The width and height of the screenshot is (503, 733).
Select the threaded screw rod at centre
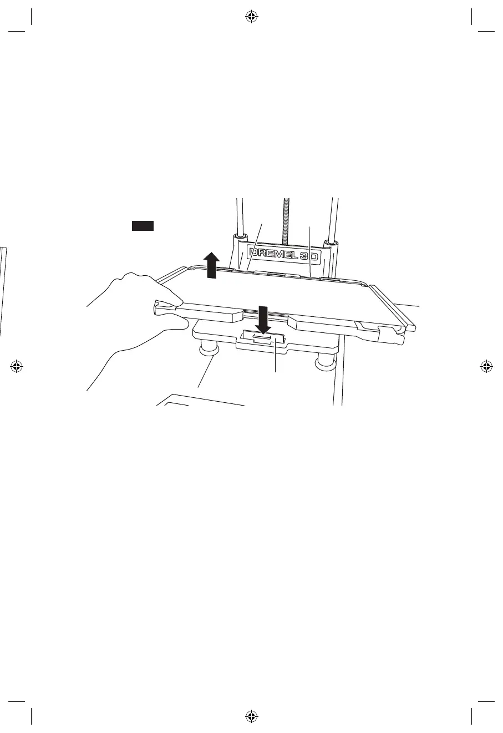tap(287, 219)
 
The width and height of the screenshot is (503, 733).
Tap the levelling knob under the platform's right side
tap(324, 362)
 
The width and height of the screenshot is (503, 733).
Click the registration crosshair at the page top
tap(251, 17)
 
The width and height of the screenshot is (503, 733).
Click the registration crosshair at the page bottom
tap(251, 716)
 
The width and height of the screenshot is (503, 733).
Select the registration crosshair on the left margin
tap(17, 366)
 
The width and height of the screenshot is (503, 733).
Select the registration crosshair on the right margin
tap(486, 366)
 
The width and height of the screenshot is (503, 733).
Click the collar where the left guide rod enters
tap(241, 238)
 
